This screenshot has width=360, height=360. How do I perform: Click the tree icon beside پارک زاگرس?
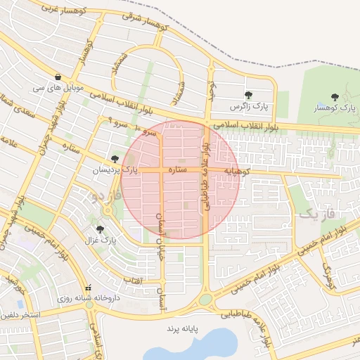(247, 95)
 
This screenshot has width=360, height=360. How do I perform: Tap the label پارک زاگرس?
(250, 108)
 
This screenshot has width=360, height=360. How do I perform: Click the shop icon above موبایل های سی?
(57, 77)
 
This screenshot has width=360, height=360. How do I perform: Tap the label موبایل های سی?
(57, 89)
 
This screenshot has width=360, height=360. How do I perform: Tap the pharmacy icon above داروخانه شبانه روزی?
(89, 288)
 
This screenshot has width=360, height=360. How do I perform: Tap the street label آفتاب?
(133, 281)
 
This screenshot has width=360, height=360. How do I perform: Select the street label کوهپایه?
(232, 171)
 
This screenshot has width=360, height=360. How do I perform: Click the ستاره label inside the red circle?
(176, 169)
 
